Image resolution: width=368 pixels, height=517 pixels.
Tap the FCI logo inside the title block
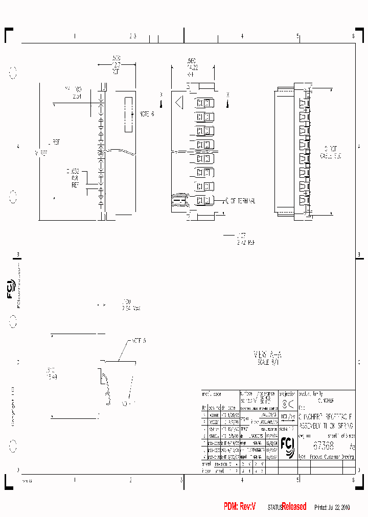click(x=287, y=446)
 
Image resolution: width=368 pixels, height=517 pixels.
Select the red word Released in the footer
click(x=294, y=506)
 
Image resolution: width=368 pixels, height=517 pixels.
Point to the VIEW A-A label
click(x=268, y=355)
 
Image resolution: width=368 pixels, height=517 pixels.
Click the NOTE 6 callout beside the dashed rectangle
click(x=146, y=113)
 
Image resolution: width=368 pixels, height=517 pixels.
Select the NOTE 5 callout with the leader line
click(x=139, y=340)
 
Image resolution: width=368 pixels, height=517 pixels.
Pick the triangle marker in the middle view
click(x=179, y=103)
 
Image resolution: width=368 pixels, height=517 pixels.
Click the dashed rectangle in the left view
click(x=128, y=113)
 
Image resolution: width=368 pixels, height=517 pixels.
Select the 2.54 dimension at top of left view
click(x=77, y=96)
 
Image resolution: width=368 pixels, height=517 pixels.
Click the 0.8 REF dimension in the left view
click(x=75, y=179)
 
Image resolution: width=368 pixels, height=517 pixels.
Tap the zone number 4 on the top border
click(x=242, y=36)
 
